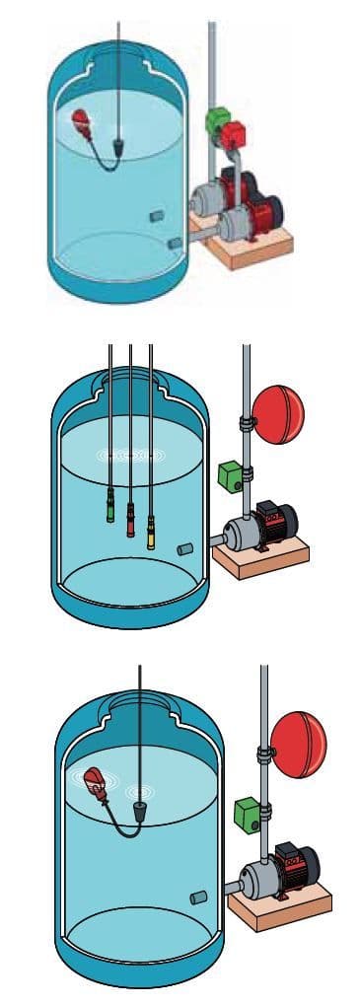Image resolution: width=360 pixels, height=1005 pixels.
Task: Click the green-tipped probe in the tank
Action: pos(109,510)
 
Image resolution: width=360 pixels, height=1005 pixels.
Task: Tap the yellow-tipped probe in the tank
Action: pos(151,536)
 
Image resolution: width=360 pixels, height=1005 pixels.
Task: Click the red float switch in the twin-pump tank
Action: pos(81,123)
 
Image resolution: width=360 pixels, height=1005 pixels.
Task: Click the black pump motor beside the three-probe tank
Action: pos(277,523)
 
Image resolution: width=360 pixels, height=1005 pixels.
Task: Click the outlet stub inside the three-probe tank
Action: pos(185,547)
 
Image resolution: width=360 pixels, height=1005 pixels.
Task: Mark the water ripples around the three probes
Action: pos(128,457)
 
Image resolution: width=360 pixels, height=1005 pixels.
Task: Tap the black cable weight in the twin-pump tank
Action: pos(119,148)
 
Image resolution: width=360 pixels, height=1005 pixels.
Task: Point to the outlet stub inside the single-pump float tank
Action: pos(197,897)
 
